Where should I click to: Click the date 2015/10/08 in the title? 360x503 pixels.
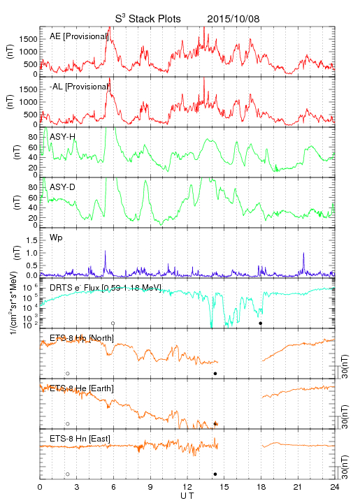pos(233,19)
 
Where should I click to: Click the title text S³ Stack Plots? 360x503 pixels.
pos(148,19)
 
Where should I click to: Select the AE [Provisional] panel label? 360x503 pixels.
pos(79,36)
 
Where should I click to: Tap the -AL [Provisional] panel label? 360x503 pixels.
pos(80,87)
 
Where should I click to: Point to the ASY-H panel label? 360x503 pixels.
pos(63,137)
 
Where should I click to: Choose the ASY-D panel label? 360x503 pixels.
pos(63,187)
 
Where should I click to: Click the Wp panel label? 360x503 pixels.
pos(56,238)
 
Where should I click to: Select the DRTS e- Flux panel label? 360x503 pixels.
pos(106,288)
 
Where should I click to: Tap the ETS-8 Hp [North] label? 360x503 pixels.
pos(82,338)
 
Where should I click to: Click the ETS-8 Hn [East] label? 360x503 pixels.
pos(80,439)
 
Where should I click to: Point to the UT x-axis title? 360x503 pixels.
pos(187,496)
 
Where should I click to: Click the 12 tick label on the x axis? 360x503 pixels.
pos(187,487)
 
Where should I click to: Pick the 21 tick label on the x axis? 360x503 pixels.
pos(298,487)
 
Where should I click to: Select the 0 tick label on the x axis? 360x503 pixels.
pos(40,487)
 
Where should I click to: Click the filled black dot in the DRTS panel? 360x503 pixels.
pos(261,323)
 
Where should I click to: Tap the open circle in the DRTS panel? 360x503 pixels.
pos(113,323)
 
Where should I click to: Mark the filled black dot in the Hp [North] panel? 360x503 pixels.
pos(215,373)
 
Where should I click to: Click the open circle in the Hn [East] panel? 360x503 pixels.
pos(68,474)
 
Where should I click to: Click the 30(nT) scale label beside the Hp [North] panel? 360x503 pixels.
pos(345,366)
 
